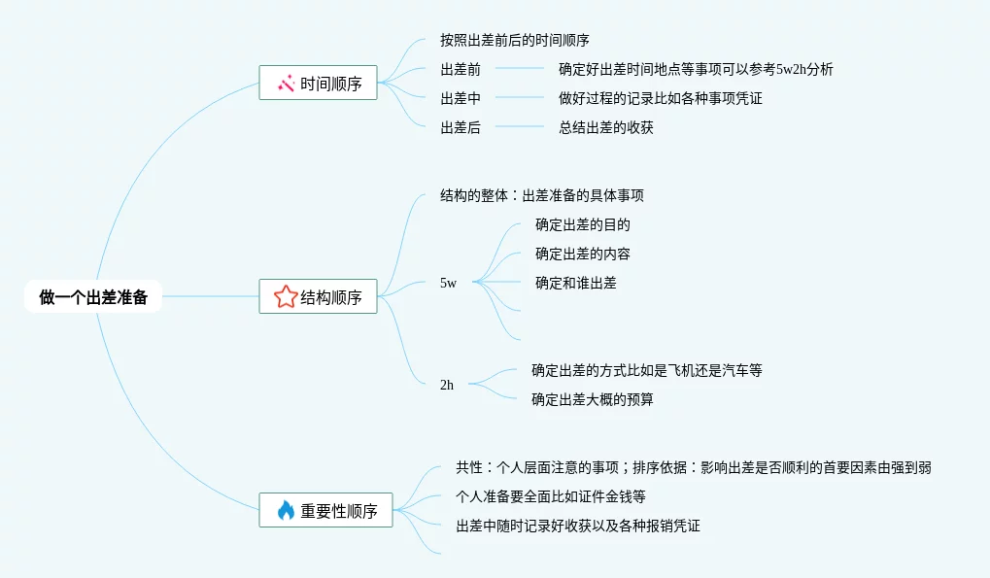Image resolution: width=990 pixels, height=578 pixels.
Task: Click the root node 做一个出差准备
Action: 93,297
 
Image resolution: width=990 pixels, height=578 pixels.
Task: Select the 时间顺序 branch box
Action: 318,84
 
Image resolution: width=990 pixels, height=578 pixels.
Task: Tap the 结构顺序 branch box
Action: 318,297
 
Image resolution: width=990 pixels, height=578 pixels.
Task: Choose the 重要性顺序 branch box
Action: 325,510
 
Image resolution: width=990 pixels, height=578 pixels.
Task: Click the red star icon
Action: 286,297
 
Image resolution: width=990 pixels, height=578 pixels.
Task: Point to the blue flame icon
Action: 286,510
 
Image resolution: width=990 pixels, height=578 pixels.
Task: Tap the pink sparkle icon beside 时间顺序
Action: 286,84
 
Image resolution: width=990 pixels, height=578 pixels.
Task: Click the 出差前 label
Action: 461,69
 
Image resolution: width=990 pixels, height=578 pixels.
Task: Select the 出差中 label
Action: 461,98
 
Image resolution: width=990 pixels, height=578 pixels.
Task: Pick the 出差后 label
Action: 461,127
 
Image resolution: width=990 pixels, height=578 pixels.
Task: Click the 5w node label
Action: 448,283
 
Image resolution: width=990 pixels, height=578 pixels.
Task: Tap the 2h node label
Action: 447,385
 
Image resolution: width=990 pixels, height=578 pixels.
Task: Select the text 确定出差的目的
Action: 583,224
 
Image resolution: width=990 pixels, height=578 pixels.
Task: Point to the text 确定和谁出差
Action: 575,283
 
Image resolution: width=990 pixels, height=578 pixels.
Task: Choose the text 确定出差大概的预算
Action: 592,399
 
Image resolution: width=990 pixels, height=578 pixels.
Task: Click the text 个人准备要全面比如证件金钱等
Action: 551,496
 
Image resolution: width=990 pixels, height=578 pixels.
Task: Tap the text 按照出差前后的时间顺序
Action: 515,40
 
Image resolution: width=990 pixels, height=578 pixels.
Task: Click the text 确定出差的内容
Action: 583,254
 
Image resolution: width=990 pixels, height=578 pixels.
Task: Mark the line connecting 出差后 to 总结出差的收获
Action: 520,127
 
